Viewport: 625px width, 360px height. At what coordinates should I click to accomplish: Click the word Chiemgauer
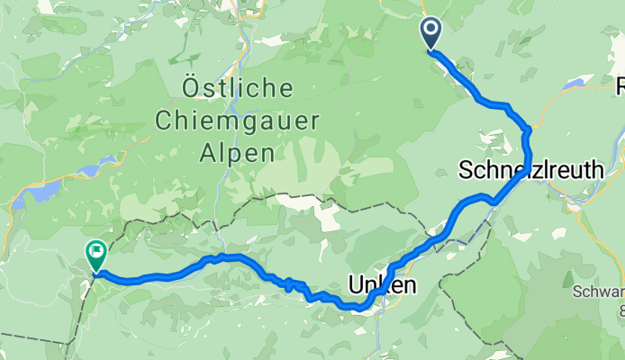point(237,120)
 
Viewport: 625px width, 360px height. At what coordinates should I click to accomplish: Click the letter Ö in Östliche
point(192,88)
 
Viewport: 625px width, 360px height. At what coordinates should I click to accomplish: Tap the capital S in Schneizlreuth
point(467,169)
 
